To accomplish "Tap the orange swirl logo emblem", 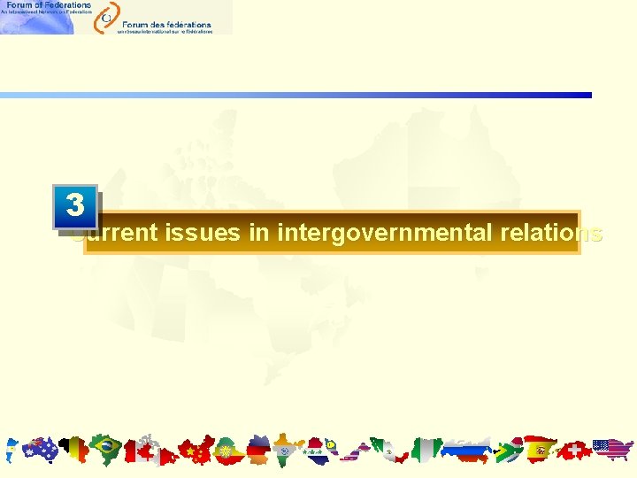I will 106,16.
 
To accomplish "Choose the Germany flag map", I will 258,451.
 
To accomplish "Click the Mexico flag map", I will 384,450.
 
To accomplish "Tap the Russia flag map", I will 464,451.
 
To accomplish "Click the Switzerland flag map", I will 575,451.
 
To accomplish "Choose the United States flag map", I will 612,451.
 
